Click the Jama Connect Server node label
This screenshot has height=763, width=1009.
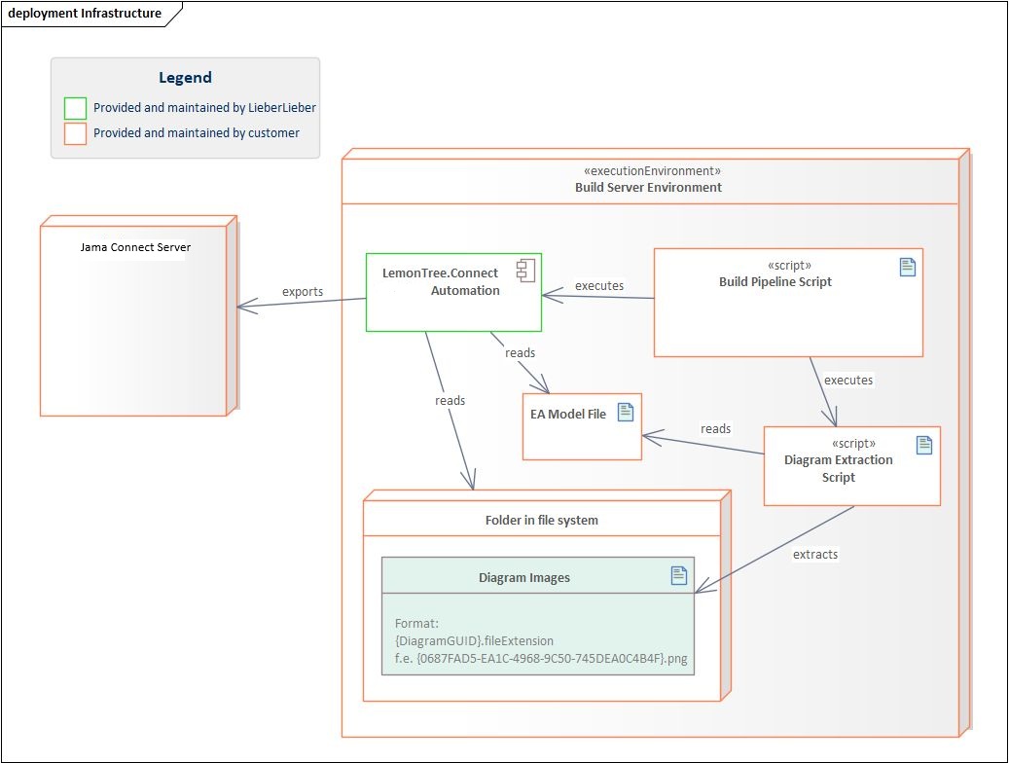pyautogui.click(x=134, y=247)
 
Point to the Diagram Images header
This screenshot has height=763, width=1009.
pyautogui.click(x=523, y=577)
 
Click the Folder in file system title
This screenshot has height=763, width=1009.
pyautogui.click(x=541, y=520)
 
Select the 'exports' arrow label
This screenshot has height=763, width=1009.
pyautogui.click(x=303, y=291)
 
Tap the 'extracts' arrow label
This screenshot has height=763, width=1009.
pyautogui.click(x=814, y=554)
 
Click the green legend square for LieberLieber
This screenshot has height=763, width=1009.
pyautogui.click(x=75, y=108)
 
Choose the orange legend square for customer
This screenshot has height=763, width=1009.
pyautogui.click(x=75, y=133)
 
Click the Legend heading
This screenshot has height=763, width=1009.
pyautogui.click(x=185, y=78)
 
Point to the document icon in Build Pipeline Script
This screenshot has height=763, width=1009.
pyautogui.click(x=907, y=268)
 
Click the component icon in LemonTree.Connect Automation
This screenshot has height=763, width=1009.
pyautogui.click(x=523, y=272)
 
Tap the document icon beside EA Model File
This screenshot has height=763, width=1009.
pyautogui.click(x=625, y=413)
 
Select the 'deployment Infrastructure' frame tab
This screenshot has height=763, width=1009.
pyautogui.click(x=85, y=13)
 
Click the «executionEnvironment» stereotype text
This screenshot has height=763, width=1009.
pyautogui.click(x=648, y=169)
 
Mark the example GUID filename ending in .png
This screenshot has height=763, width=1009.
pyautogui.click(x=541, y=659)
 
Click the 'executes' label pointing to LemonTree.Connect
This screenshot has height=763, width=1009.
pyautogui.click(x=598, y=285)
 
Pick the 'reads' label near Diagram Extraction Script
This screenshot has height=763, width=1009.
pyautogui.click(x=715, y=428)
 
